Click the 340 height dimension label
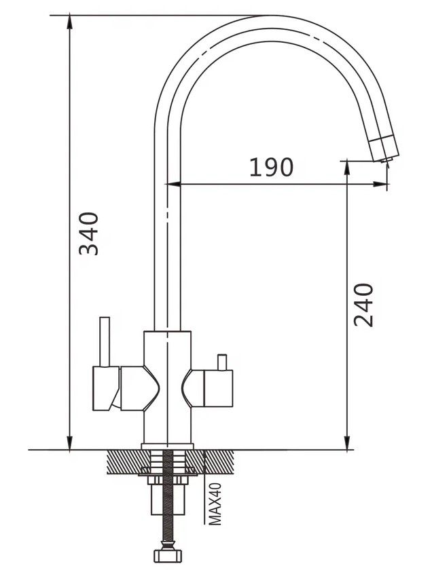89,233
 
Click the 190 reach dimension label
271,167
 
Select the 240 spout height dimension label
363,305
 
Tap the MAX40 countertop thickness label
215,503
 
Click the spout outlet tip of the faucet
385,159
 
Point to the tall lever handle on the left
105,342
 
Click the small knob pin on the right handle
221,362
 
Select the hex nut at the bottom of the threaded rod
168,556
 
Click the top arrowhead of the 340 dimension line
69,21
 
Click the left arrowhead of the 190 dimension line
174,185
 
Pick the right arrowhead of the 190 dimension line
380,185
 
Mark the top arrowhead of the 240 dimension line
348,167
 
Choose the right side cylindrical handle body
218,389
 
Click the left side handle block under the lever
106,388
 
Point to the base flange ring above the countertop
167,446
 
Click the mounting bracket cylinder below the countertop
167,499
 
